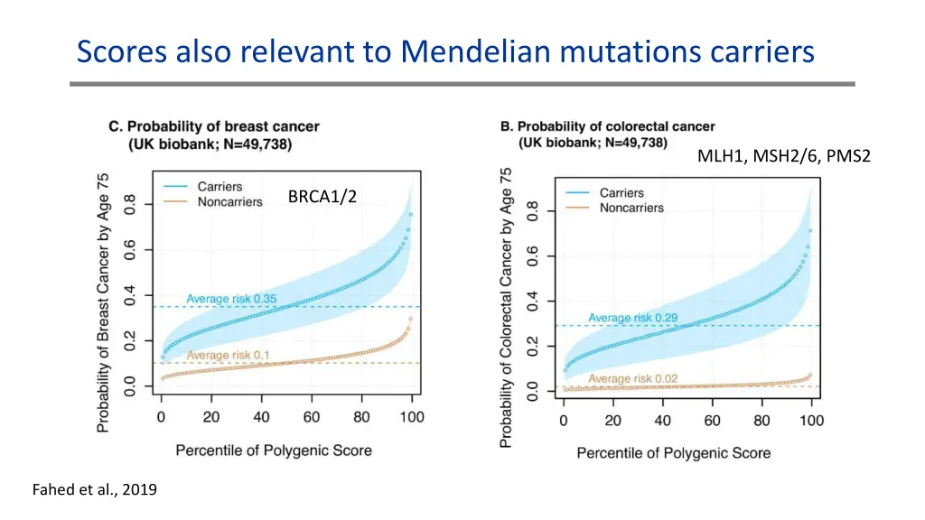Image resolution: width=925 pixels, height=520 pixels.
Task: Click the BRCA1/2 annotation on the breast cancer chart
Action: tap(322, 197)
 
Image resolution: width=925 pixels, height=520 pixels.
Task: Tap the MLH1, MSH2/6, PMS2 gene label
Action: tap(783, 156)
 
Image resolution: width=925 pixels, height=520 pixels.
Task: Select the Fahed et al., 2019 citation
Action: tap(94, 490)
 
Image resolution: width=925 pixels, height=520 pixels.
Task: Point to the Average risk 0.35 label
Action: tap(231, 299)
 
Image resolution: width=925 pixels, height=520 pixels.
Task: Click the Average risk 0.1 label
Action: tap(228, 355)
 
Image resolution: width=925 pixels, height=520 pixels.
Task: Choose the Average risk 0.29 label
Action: tap(633, 318)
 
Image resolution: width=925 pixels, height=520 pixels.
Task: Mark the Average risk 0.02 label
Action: tap(633, 378)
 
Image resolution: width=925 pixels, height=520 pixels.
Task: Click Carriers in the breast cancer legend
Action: tap(220, 187)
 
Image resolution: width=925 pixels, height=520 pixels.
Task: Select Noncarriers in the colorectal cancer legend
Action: tap(631, 208)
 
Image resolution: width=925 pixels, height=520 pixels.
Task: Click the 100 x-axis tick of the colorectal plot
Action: tap(811, 421)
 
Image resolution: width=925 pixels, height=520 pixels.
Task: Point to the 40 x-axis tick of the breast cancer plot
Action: tap(261, 417)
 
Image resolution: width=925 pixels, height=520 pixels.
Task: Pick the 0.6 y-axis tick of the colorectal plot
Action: tap(534, 257)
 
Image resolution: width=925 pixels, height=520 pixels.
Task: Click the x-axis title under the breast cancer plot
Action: tap(274, 450)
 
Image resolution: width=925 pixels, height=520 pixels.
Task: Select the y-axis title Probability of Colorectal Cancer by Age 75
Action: tap(507, 307)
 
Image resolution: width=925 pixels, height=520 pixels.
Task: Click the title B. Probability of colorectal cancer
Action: tap(607, 126)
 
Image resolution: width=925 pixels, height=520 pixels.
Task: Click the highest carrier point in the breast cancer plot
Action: tap(410, 214)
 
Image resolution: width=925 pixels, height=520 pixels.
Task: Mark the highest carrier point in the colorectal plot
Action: tap(810, 231)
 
